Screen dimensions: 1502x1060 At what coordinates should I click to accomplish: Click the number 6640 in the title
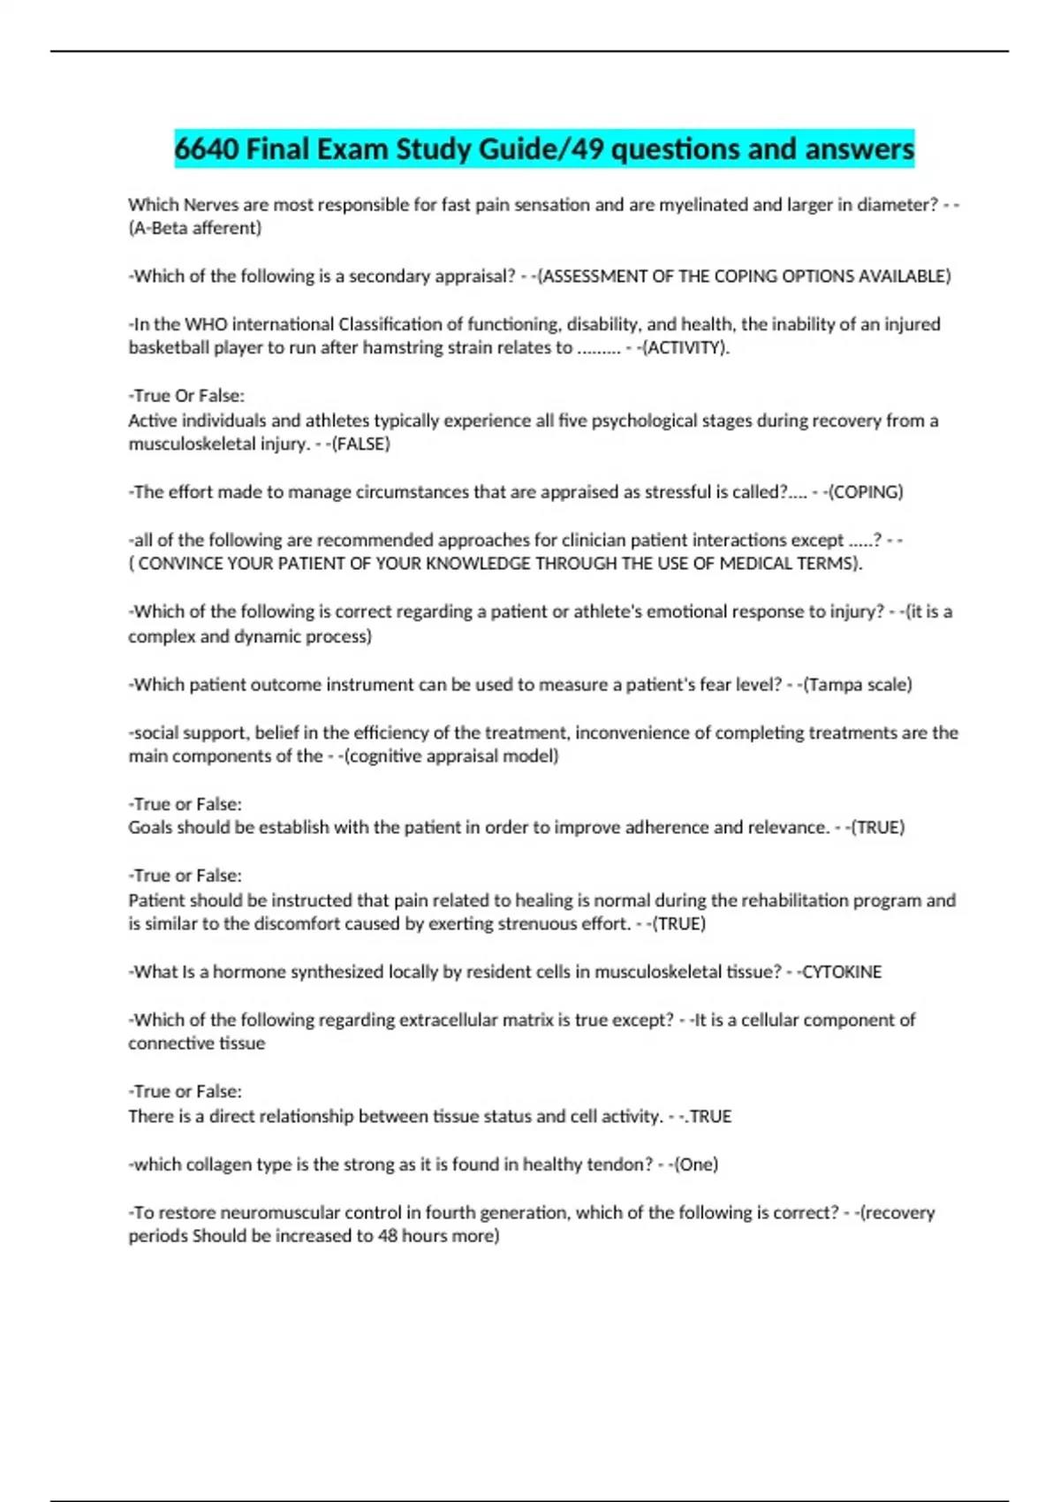pos(207,148)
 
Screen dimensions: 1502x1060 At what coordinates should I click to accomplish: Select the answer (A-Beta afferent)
pos(195,228)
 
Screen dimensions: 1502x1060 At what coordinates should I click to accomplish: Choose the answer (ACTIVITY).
pos(685,348)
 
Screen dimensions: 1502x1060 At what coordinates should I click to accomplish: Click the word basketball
pos(168,348)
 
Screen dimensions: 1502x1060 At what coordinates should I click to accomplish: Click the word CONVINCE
pos(180,564)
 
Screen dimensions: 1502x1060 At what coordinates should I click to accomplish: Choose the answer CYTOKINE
pos(841,972)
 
